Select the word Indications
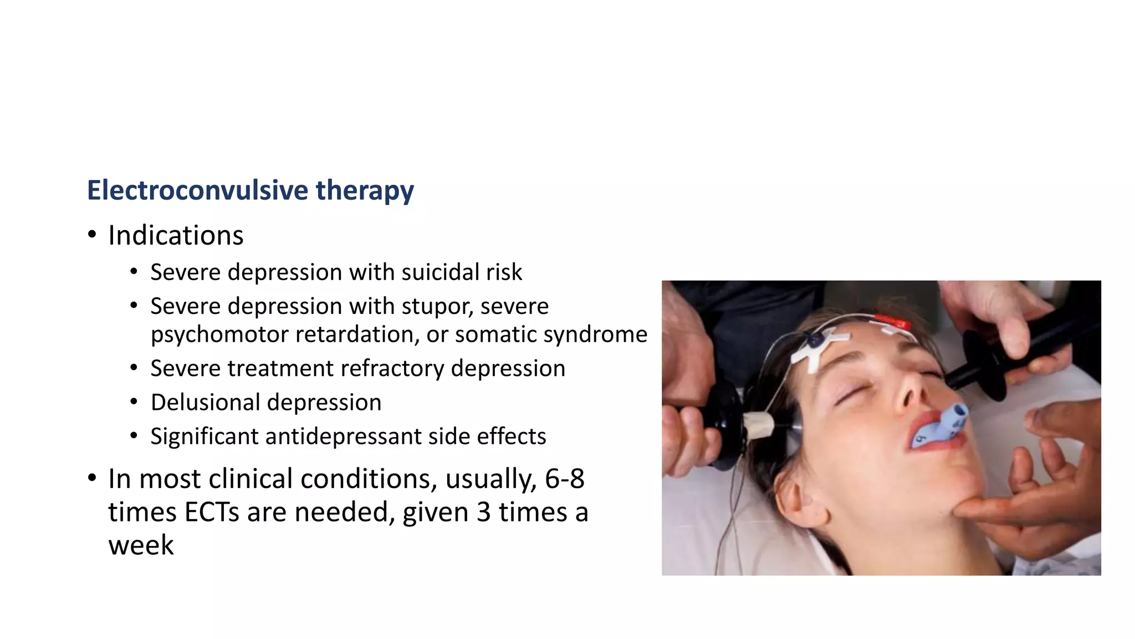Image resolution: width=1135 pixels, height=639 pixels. [176, 235]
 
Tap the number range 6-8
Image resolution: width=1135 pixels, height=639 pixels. [564, 479]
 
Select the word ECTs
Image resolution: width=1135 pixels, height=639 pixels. [212, 512]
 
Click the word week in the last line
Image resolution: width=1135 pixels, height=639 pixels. [141, 545]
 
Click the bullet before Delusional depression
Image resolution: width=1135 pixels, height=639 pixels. [134, 402]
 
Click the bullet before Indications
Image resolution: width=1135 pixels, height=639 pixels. [92, 235]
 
